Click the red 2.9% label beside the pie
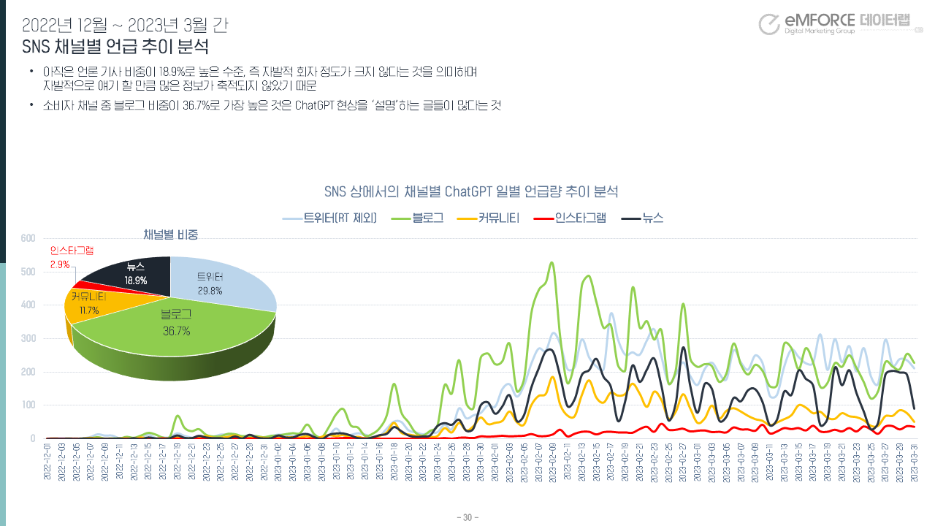60,264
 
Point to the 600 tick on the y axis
28,238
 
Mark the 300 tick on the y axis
28,338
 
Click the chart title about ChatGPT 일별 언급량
471,192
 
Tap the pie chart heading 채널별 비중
171,235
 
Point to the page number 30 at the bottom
467,518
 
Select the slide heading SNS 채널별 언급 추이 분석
115,47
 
